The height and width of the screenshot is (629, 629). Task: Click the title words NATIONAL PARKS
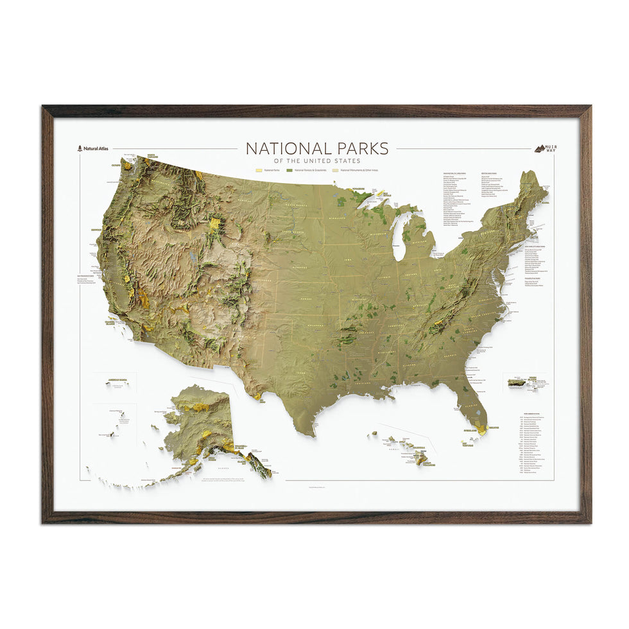point(317,148)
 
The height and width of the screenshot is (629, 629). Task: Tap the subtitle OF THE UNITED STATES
point(317,160)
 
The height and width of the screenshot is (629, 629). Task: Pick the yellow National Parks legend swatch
point(259,170)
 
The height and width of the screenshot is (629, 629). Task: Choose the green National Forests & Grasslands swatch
point(289,170)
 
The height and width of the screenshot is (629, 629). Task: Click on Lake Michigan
point(399,237)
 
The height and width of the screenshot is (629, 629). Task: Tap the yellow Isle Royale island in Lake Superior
point(380,193)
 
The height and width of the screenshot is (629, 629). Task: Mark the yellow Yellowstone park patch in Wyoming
point(214,225)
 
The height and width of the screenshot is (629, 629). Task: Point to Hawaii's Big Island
point(421,458)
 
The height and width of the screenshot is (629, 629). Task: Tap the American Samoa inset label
point(118,380)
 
